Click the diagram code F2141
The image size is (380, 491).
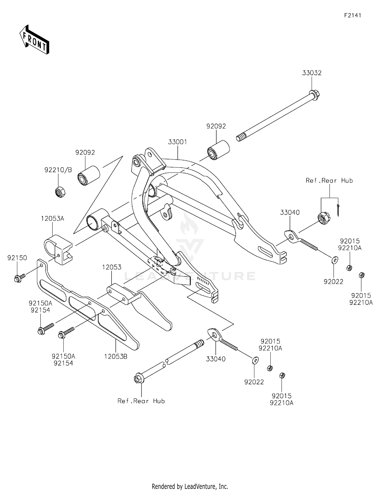point(352,15)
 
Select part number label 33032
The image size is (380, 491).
point(312,73)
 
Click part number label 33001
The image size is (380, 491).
point(177,142)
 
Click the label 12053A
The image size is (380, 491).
point(53,218)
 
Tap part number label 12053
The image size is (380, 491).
point(112,267)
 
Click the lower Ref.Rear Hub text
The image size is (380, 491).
point(141,401)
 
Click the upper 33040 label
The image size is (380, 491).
point(290,212)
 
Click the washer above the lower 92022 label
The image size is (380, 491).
point(255,360)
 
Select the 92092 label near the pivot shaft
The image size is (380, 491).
point(216,126)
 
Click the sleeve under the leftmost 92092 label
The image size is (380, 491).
point(88,175)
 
